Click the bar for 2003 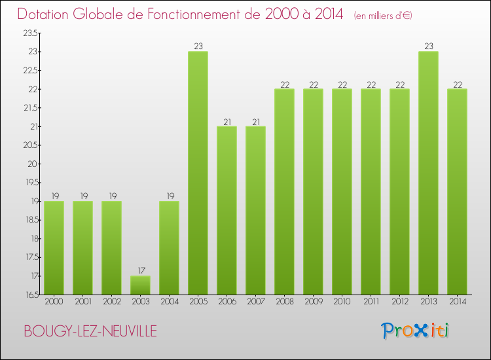coord(140,285)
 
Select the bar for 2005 coord(198,173)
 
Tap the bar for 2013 coord(428,173)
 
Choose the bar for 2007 coord(255,210)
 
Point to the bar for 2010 coord(342,191)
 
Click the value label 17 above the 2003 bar coord(140,271)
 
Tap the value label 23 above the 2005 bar coord(198,46)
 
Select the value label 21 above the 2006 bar coord(227,121)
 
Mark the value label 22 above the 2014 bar coord(457,84)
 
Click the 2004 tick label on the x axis coord(169,302)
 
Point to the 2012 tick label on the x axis coord(399,302)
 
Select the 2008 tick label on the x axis coord(284,302)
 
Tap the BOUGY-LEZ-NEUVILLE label coord(90,332)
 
